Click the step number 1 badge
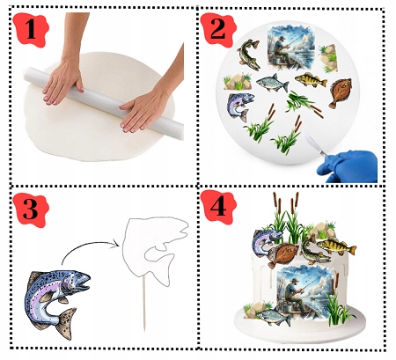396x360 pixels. point(31,29)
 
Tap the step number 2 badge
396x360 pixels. point(218,29)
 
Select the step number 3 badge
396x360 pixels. point(31,209)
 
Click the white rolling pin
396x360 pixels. point(103,101)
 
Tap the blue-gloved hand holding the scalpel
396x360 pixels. point(348,165)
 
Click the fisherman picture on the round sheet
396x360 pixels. point(291,48)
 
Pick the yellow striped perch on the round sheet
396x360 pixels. point(311,80)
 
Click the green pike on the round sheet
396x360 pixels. point(249,55)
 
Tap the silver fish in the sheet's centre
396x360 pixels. point(273,83)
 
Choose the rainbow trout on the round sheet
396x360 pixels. point(240,107)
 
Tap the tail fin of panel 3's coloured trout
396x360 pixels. point(67,323)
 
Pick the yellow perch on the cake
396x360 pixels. point(337,246)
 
